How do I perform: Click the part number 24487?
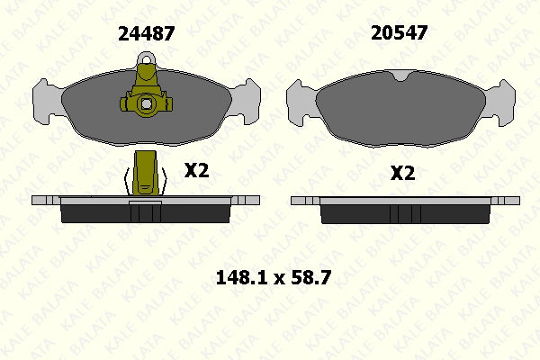(147, 34)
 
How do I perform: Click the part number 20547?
(399, 33)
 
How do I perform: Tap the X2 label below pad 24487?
(196, 170)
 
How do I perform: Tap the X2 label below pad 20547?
(402, 173)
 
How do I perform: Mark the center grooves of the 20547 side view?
(403, 214)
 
